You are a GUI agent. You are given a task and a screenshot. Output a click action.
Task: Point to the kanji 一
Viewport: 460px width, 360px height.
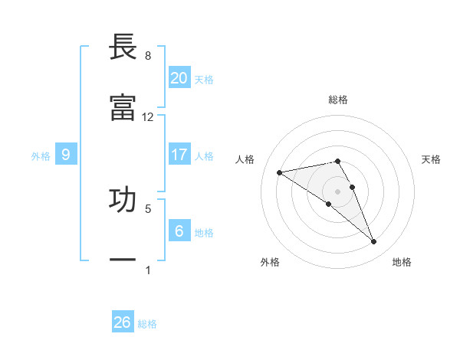(123, 260)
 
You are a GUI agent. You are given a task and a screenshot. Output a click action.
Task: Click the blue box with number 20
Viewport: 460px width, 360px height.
(179, 78)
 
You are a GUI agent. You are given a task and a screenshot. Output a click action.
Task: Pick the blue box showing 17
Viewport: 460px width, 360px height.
(179, 155)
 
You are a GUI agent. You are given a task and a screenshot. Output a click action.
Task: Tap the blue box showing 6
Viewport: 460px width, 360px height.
(179, 231)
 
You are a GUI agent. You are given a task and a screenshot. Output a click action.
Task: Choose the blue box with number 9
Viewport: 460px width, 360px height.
(66, 155)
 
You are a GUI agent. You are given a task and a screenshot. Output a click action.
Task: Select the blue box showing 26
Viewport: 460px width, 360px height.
(123, 322)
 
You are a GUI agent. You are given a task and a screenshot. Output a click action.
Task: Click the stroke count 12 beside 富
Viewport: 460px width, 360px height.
(148, 117)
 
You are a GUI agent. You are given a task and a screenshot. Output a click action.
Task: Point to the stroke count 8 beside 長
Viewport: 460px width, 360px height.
(148, 56)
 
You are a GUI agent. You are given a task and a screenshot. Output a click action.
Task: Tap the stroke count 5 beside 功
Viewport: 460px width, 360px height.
(148, 208)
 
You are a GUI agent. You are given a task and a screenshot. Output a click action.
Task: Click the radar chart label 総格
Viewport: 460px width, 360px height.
(338, 100)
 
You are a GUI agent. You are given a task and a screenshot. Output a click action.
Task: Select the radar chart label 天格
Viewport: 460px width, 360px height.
(432, 159)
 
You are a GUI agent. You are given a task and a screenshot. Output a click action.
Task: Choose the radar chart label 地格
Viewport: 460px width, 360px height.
(402, 262)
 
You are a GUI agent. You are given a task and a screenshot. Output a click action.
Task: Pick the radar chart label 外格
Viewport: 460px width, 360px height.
(270, 262)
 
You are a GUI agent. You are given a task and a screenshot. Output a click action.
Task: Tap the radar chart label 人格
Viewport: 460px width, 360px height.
(245, 159)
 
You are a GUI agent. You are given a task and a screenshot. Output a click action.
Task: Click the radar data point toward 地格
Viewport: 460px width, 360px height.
(374, 242)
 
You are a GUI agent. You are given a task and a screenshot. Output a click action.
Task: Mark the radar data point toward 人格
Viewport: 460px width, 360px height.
(280, 172)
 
